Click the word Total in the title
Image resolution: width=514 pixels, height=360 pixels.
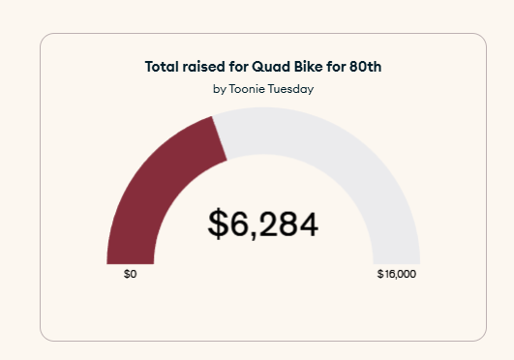[162, 67]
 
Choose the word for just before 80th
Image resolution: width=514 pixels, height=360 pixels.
[340, 67]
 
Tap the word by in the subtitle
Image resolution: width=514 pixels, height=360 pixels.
[219, 89]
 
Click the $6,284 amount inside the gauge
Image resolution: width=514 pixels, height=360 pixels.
[263, 224]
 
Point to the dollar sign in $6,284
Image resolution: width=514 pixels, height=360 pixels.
[219, 224]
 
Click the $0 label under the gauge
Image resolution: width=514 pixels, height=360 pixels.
[131, 275]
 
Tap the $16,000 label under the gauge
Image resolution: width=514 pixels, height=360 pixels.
[397, 275]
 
